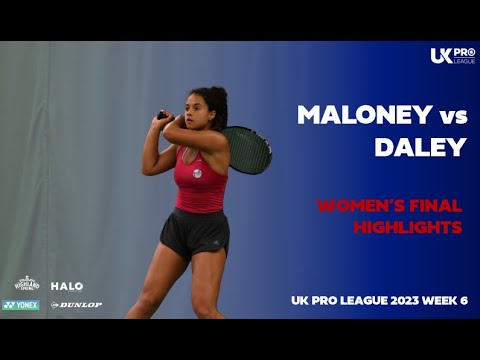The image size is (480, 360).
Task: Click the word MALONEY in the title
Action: (x=355, y=114)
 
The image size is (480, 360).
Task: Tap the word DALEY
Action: (x=420, y=147)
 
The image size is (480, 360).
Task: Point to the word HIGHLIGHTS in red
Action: (x=408, y=227)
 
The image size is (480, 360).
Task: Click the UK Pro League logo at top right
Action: (x=451, y=56)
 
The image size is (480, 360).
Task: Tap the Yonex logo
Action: (x=21, y=305)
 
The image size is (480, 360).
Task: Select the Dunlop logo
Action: (x=77, y=305)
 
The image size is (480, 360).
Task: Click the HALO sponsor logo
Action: (x=67, y=286)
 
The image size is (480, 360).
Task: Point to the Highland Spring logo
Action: (x=26, y=284)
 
